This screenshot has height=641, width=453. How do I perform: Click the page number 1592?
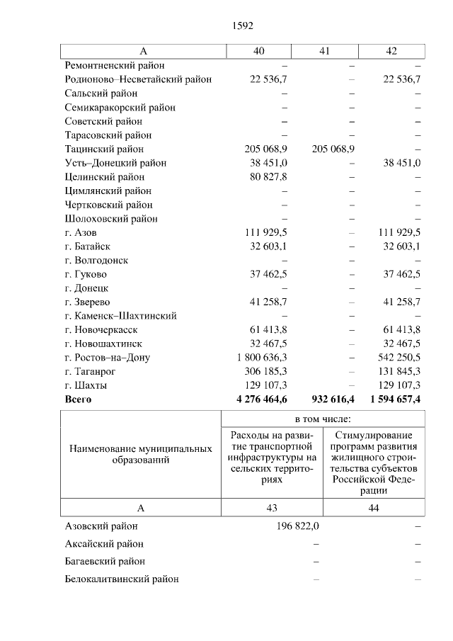pyautogui.click(x=242, y=25)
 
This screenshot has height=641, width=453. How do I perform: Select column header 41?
pyautogui.click(x=325, y=51)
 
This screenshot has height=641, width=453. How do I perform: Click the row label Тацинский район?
pyautogui.click(x=104, y=149)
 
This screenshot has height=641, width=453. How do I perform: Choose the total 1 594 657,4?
pyautogui.click(x=390, y=399)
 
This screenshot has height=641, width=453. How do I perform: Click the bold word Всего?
pyautogui.click(x=78, y=399)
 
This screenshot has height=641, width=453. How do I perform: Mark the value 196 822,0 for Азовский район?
pyautogui.click(x=297, y=526)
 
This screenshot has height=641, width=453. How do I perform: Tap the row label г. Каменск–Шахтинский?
pyautogui.click(x=120, y=316)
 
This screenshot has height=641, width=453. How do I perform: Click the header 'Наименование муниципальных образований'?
pyautogui.click(x=141, y=455)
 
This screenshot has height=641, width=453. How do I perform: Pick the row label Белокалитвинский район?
pyautogui.click(x=122, y=579)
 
